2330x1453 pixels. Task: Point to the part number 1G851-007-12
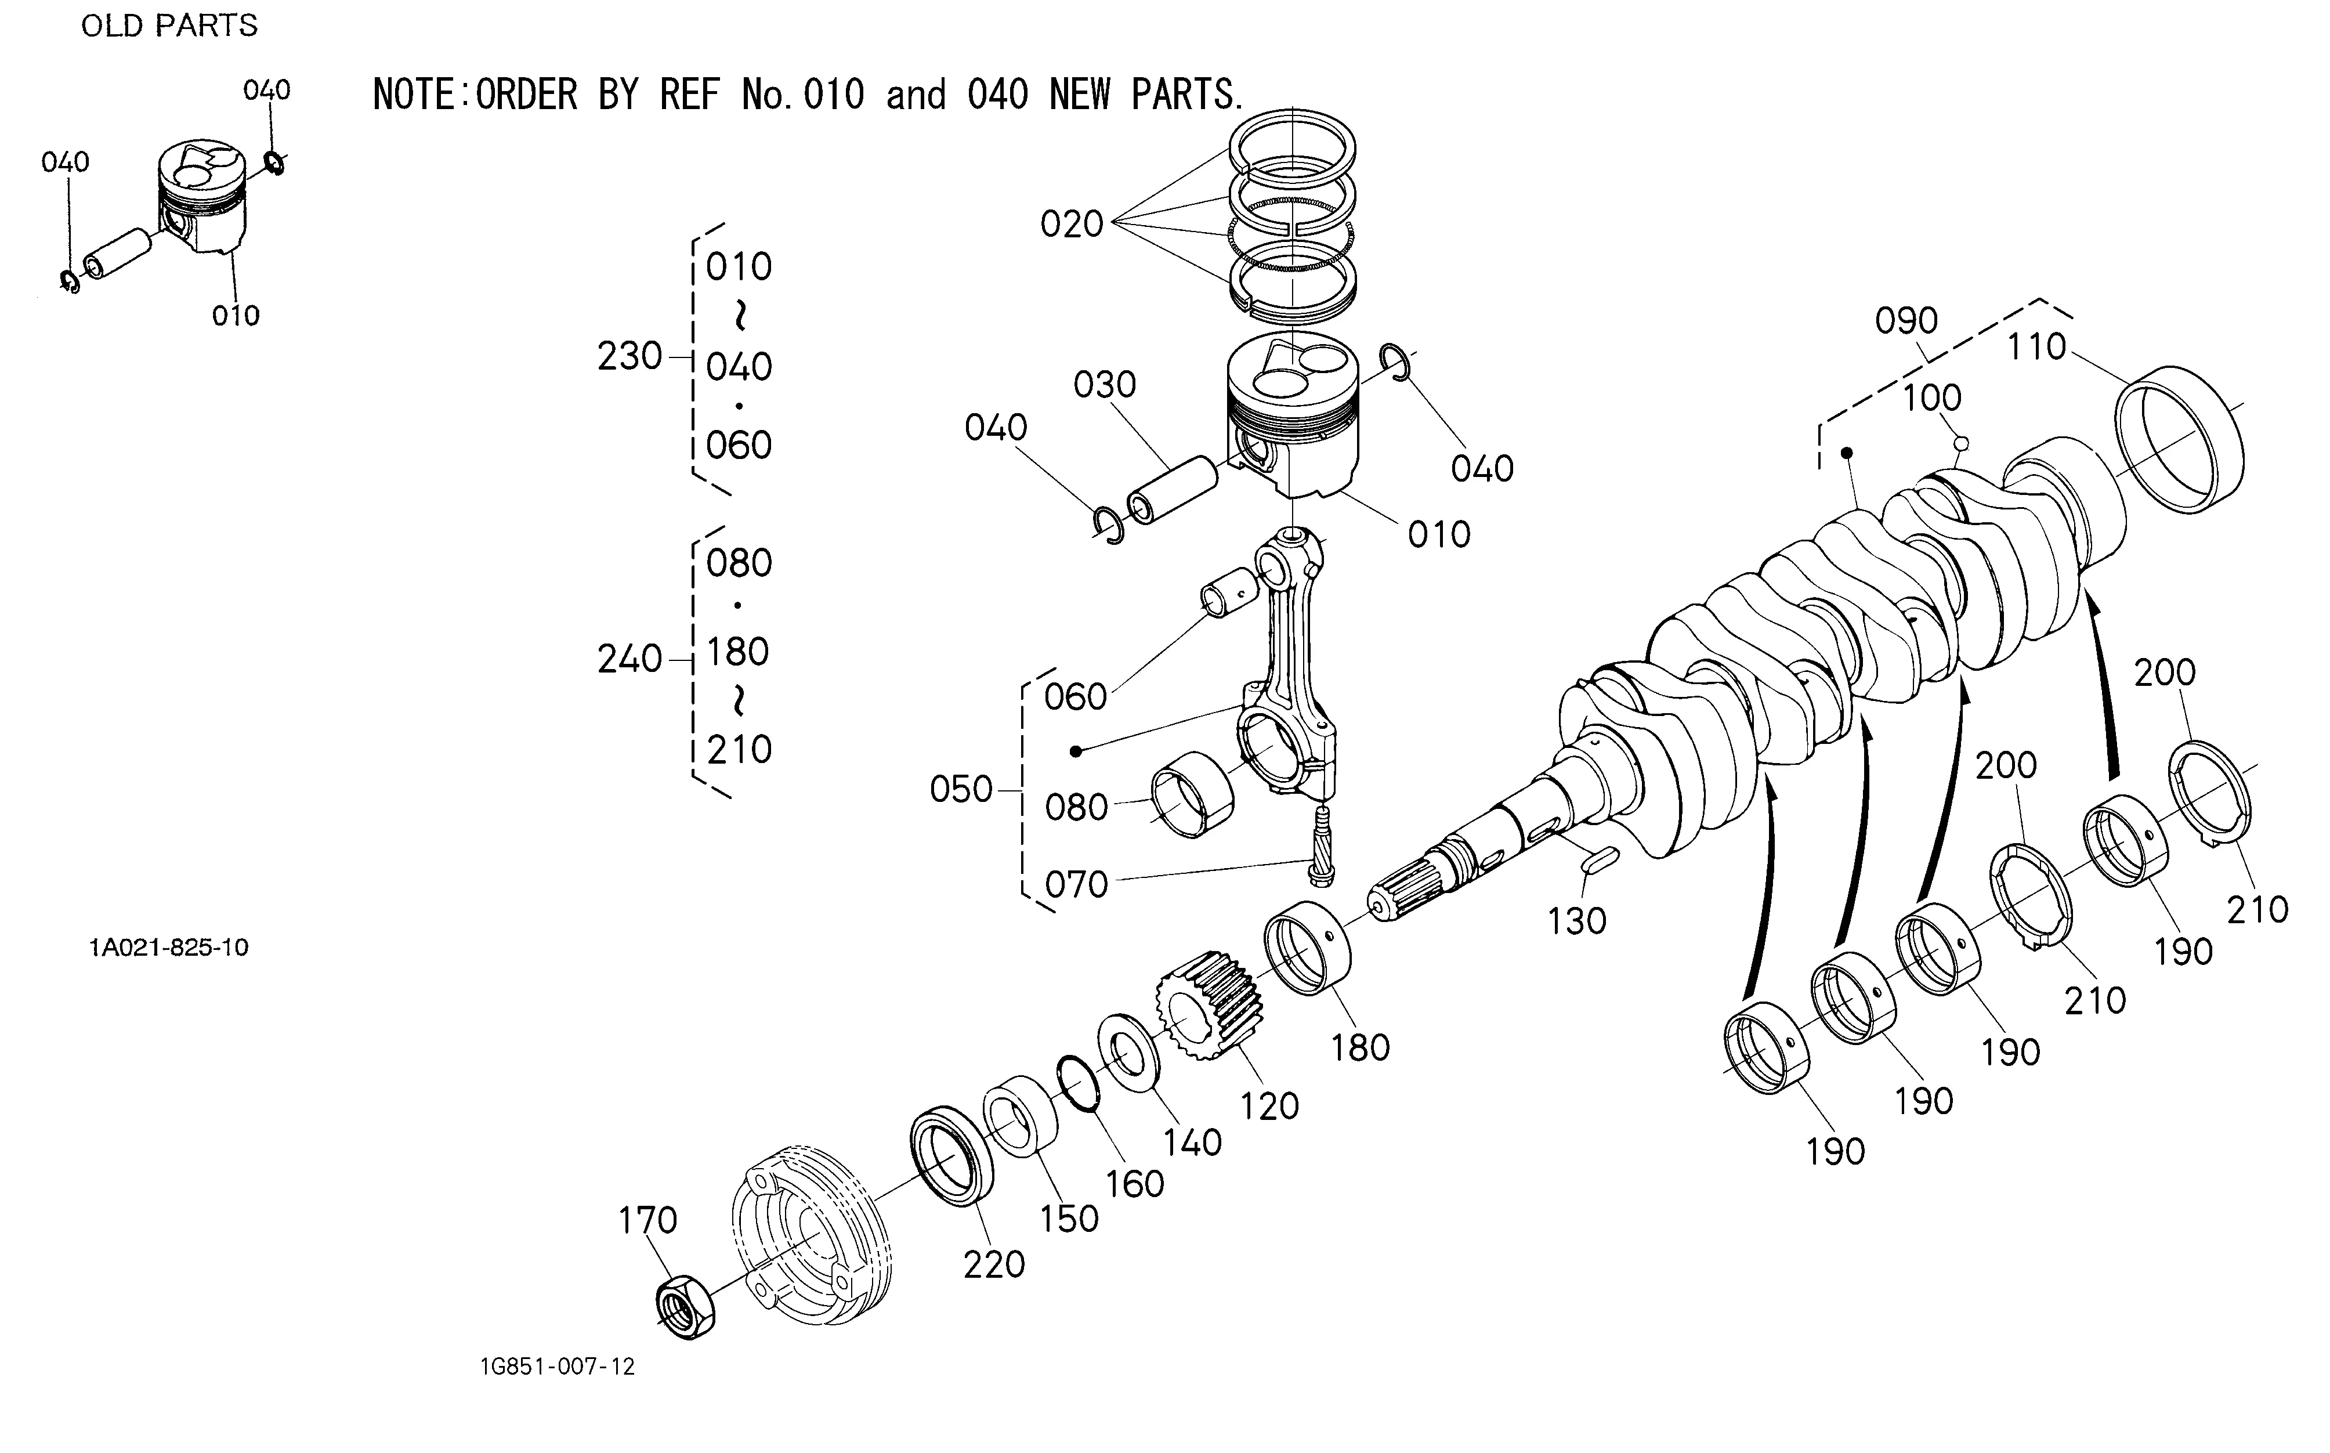point(558,1367)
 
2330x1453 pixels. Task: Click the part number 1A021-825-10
point(169,948)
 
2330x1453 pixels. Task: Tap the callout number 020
point(1072,225)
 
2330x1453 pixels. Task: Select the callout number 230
point(629,356)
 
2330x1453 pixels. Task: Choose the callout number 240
point(629,659)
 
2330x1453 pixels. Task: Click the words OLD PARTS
point(169,26)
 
